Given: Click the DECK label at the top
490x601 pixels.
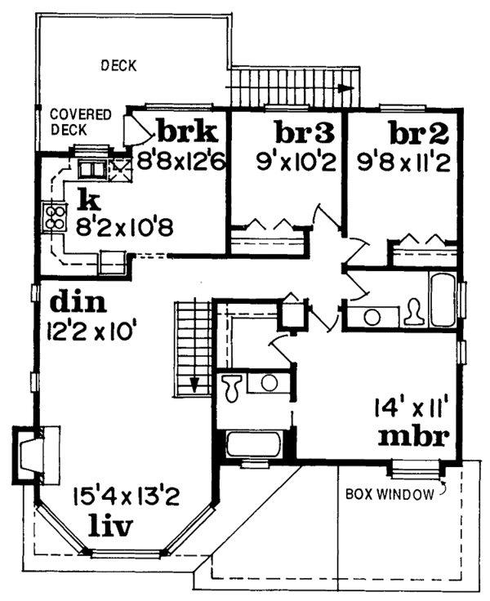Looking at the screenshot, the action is click(118, 65).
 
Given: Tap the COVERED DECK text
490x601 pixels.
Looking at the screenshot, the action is click(81, 122).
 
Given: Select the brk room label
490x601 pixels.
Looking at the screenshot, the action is click(187, 131).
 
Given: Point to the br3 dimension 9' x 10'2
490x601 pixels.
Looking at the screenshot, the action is click(296, 162).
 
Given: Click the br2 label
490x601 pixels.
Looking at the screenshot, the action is click(418, 132).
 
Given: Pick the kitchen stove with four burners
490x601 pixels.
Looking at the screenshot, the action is click(55, 217).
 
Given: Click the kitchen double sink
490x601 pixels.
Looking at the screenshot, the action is click(92, 169).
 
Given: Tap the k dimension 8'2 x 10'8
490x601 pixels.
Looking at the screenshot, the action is click(124, 227).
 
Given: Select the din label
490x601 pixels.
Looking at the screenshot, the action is click(78, 303).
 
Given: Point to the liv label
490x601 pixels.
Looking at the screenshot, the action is click(110, 526).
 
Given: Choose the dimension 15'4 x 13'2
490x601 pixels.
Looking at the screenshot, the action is click(126, 497).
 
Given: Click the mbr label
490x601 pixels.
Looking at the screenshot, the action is click(413, 436).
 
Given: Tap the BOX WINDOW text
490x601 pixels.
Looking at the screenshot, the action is click(390, 495).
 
